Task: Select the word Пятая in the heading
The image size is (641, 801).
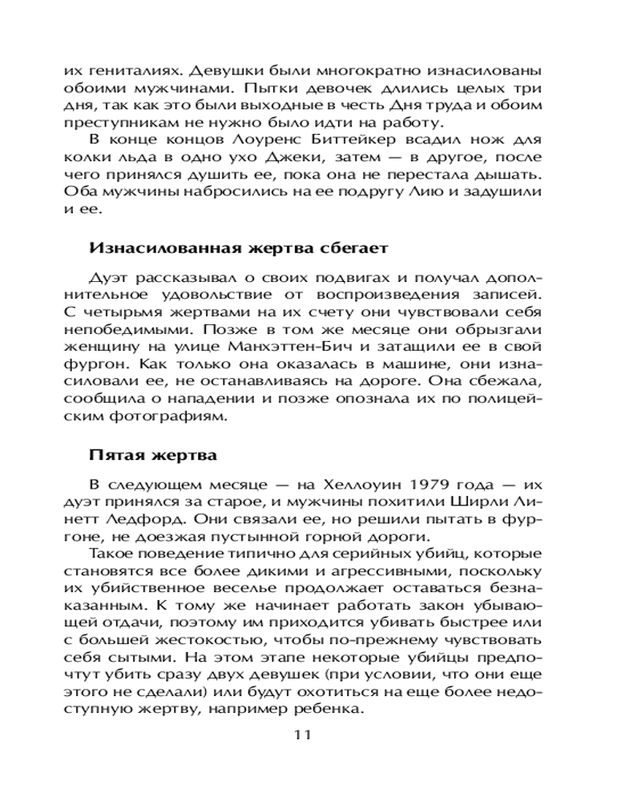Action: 114,457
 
